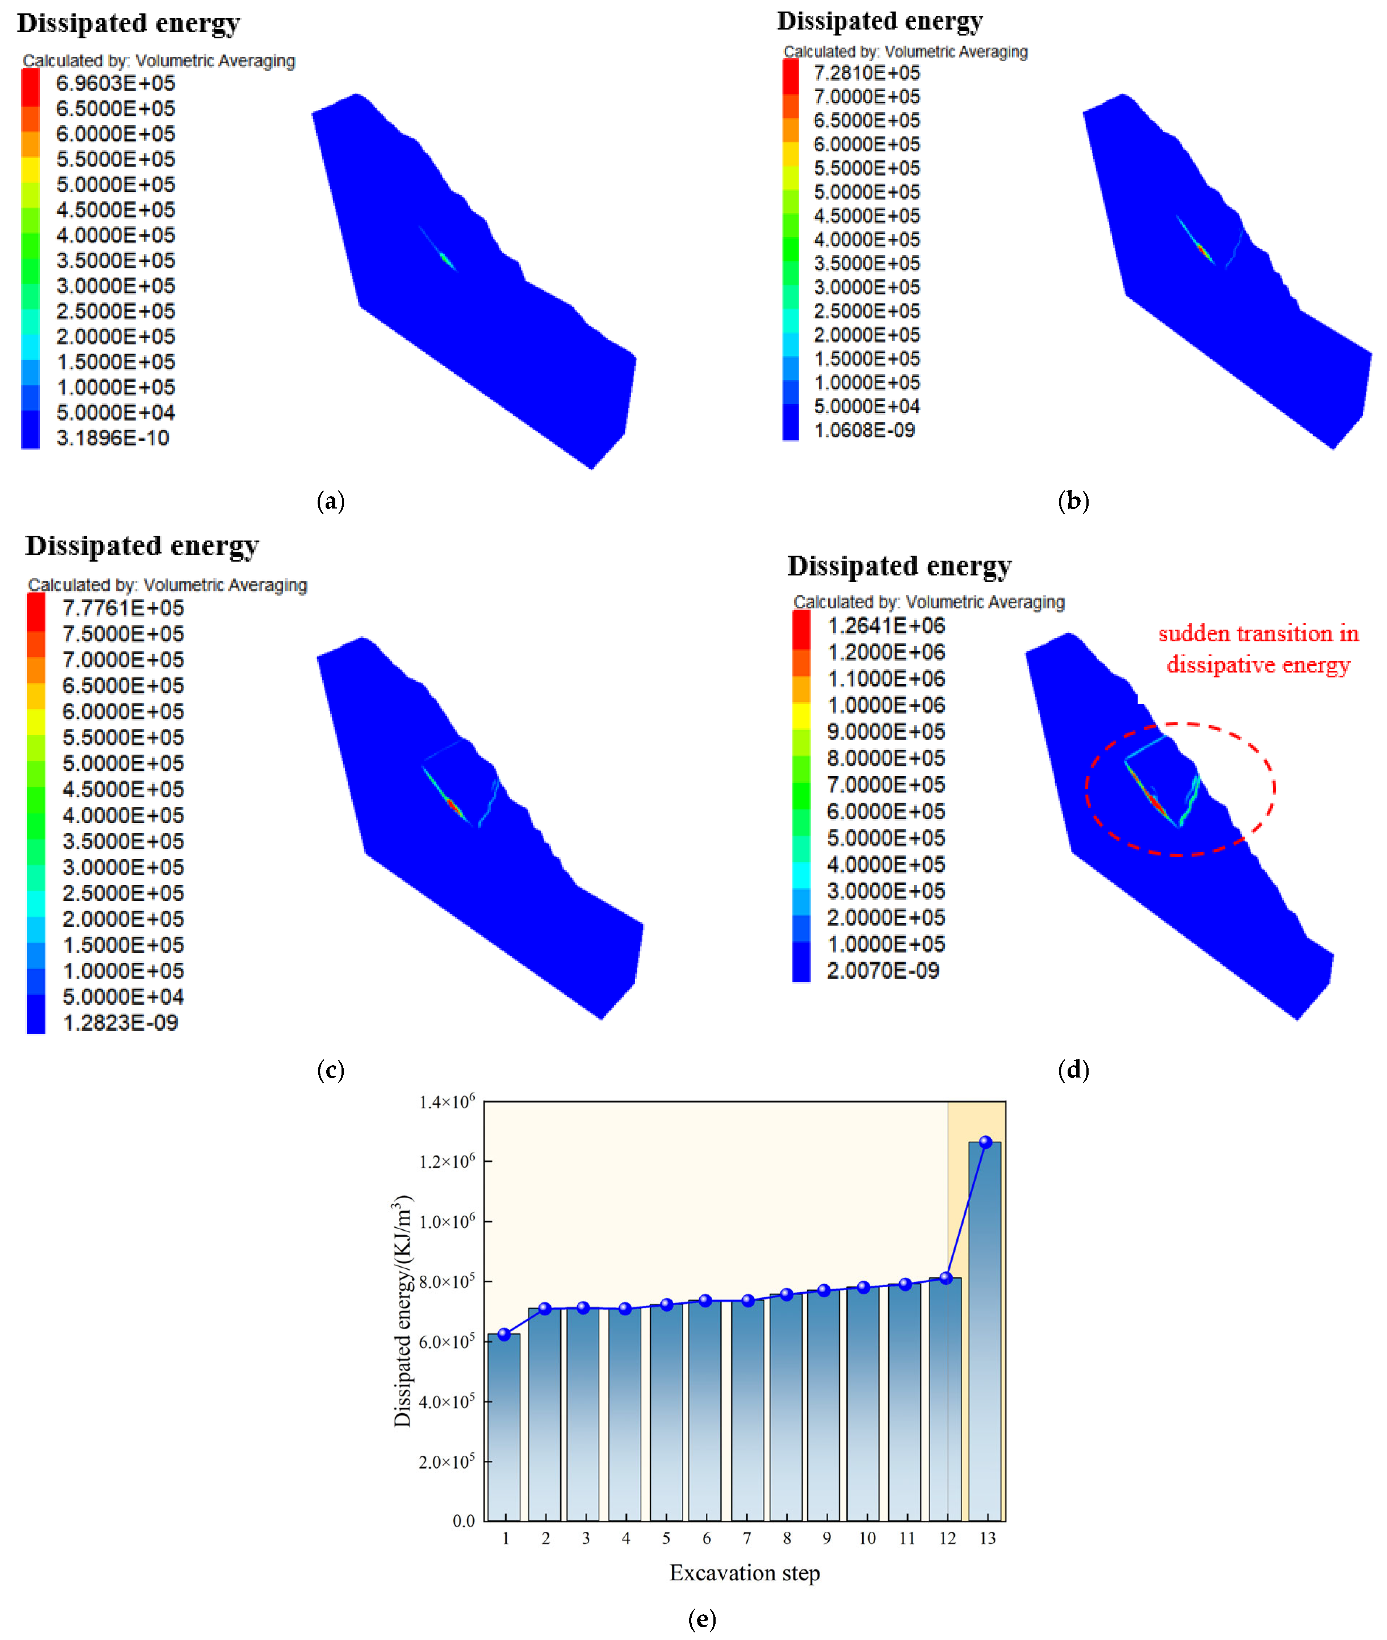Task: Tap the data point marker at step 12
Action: click(x=946, y=1278)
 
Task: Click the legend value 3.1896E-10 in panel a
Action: click(x=112, y=438)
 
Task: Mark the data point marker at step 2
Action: click(x=544, y=1309)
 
